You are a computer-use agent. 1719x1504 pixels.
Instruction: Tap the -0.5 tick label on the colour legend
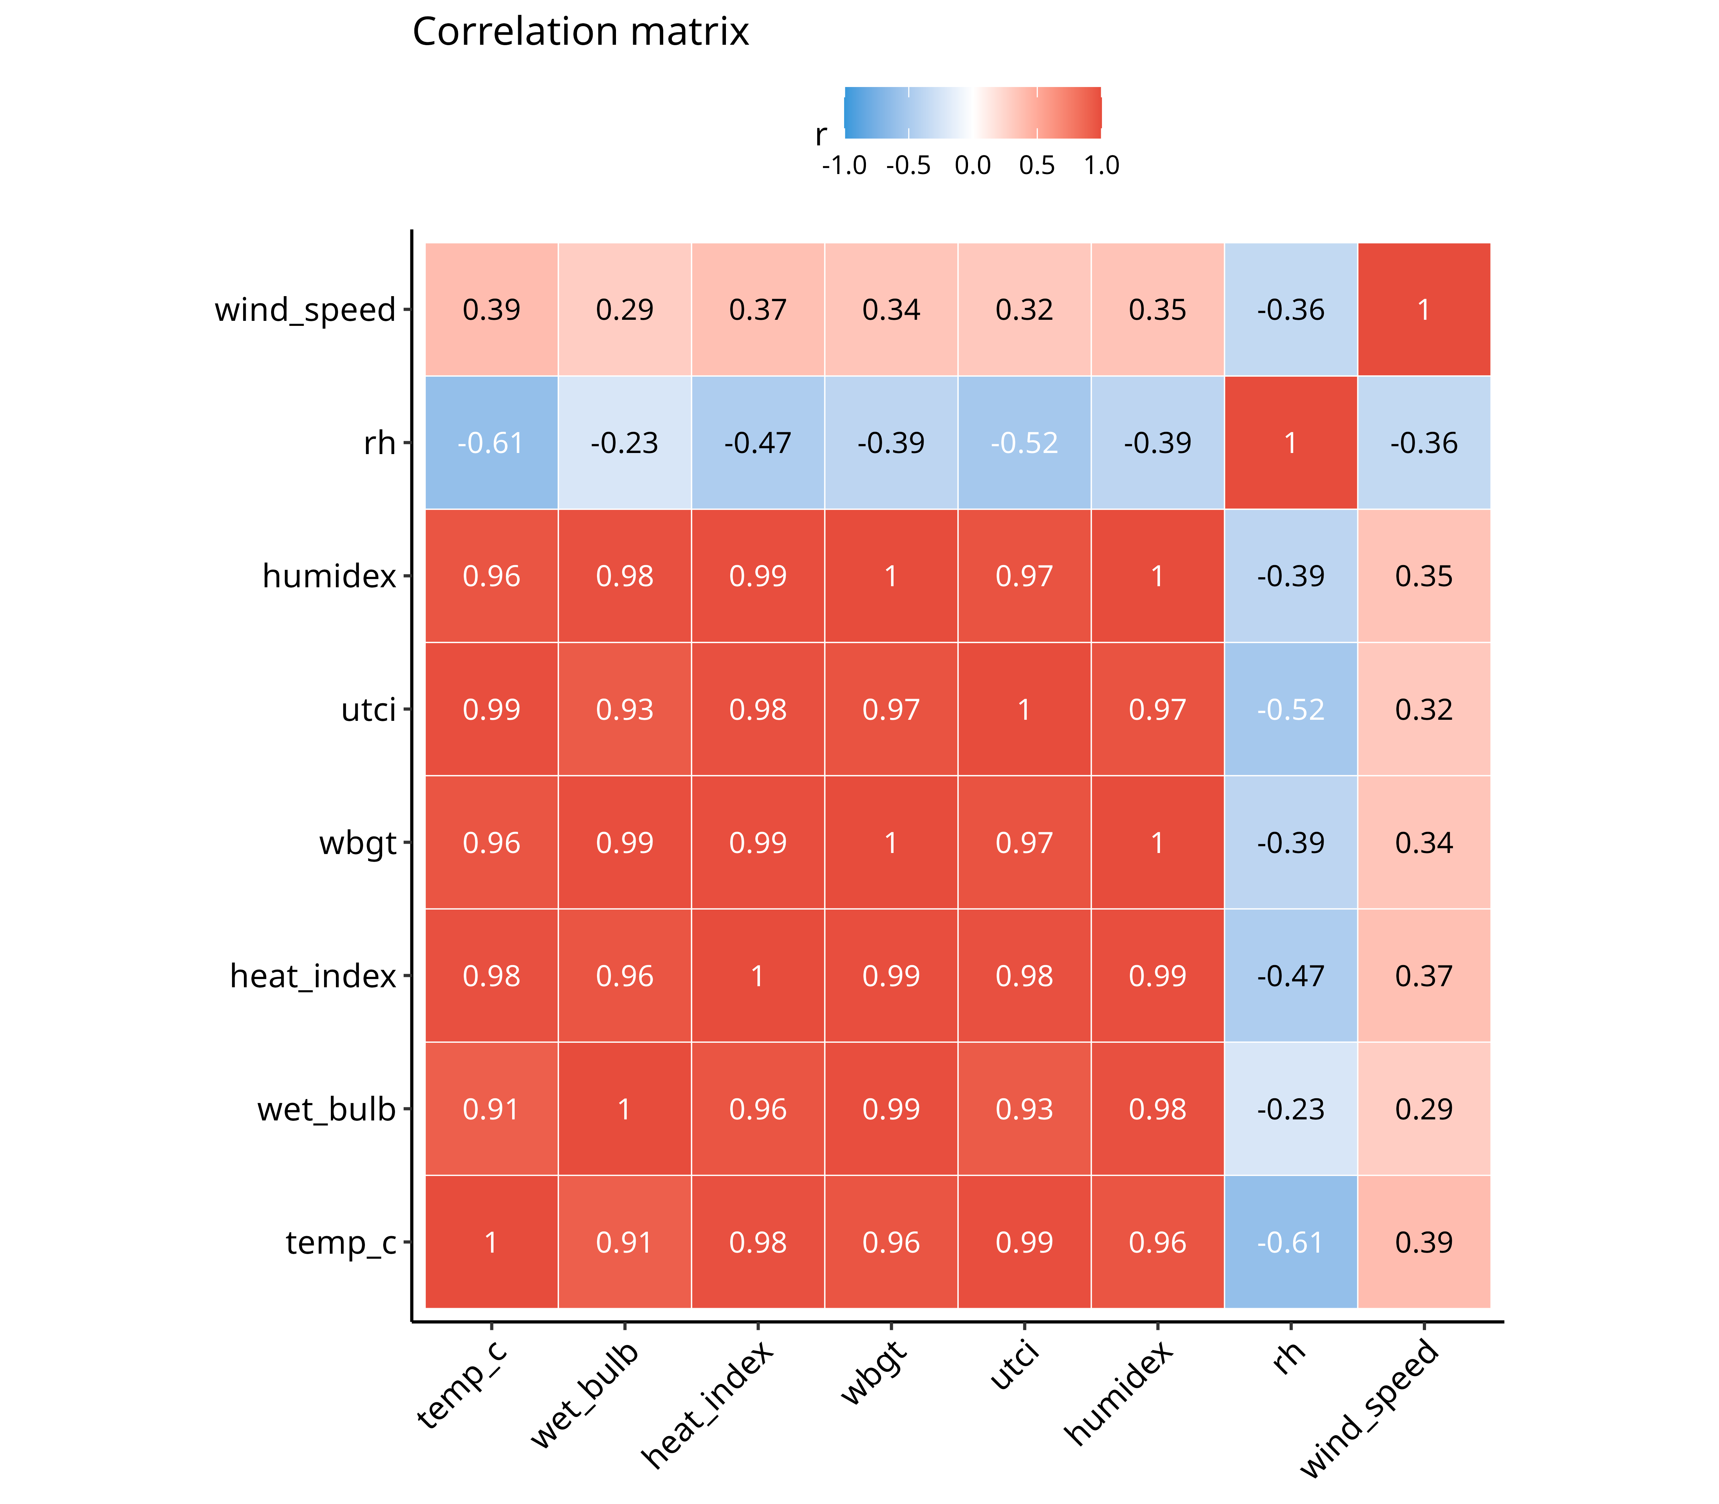pos(908,165)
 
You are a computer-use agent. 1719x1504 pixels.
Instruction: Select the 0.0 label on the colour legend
pos(973,165)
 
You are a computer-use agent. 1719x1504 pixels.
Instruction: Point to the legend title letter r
pos(821,135)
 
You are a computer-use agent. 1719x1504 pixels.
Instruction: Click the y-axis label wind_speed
pos(305,310)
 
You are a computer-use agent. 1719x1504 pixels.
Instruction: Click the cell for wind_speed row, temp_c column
pos(492,310)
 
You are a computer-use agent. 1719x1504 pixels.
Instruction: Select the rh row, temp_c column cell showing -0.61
pos(492,442)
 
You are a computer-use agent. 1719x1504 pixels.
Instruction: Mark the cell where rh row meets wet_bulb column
pos(625,442)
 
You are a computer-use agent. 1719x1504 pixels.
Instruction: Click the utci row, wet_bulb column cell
pos(625,709)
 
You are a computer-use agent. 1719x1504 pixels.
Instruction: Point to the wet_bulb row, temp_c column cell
pos(492,1109)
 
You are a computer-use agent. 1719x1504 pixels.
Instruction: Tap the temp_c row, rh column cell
pos(1291,1242)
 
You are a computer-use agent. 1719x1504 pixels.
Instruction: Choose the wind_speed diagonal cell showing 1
pos(1424,310)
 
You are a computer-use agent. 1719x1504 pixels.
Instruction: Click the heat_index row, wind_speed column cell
pos(1424,976)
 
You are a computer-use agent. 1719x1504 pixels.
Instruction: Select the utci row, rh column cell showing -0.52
pos(1291,709)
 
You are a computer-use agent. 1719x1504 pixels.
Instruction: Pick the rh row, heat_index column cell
pos(758,442)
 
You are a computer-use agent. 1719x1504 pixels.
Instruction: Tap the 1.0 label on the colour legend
pos(1101,165)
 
